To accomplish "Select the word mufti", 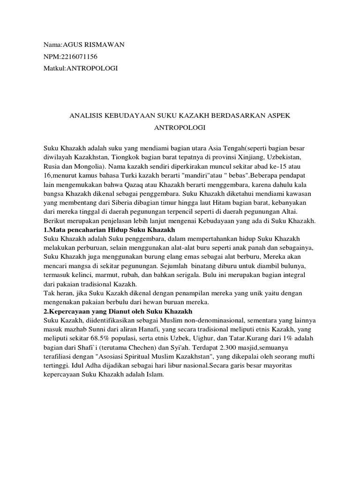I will point(307,356).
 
